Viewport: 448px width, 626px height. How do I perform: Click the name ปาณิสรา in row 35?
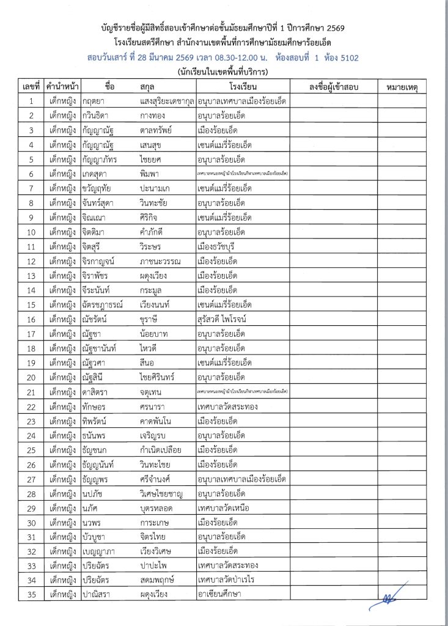97,593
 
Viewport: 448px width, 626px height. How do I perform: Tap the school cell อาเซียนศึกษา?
219,593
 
